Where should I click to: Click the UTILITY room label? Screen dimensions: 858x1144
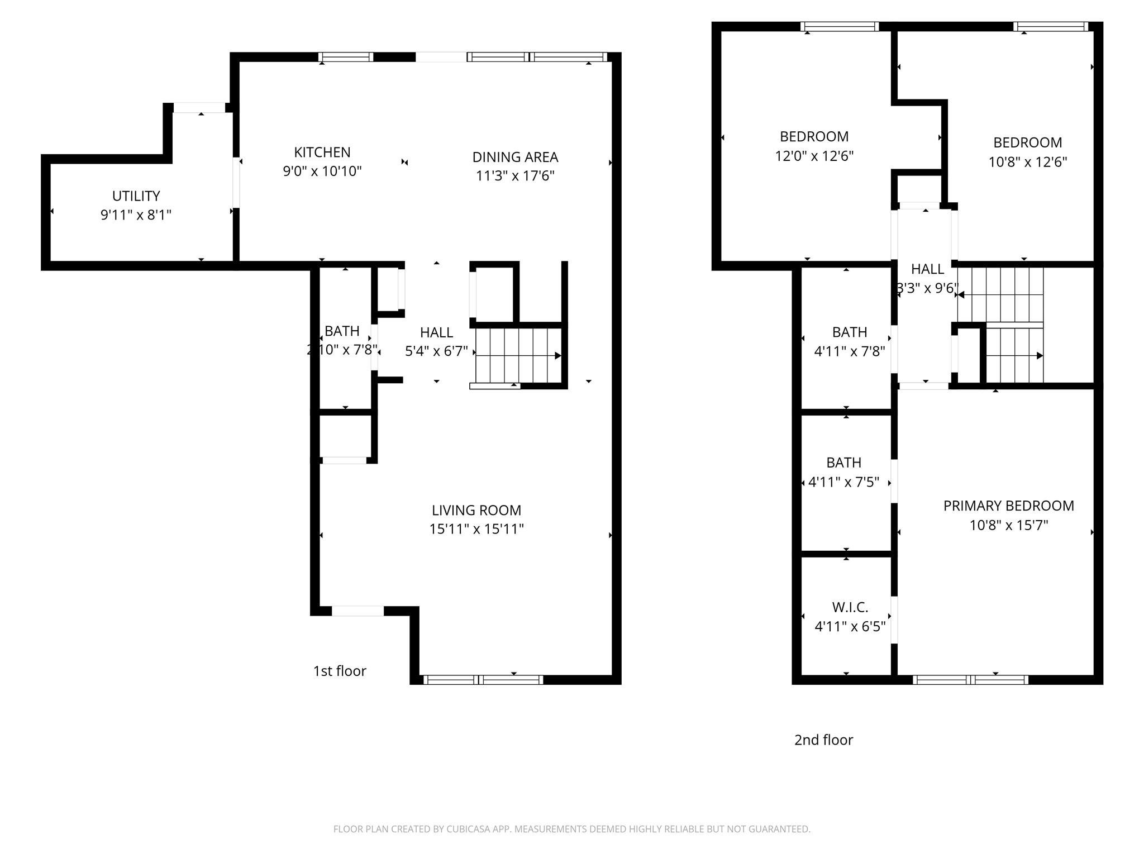pos(136,196)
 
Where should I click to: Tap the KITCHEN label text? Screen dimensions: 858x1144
pos(322,152)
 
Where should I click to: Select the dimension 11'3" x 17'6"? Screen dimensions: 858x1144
pos(515,176)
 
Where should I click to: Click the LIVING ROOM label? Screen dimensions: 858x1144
pos(476,510)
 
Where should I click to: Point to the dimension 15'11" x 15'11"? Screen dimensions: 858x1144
pos(476,529)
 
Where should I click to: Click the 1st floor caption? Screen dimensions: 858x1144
pos(340,671)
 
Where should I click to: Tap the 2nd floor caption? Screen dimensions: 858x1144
pos(823,740)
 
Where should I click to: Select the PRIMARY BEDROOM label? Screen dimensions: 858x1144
pos(1008,506)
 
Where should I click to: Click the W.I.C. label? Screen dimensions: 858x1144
pos(850,607)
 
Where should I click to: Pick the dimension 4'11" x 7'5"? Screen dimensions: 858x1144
pos(843,482)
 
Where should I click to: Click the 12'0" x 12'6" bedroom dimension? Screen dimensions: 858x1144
pos(814,156)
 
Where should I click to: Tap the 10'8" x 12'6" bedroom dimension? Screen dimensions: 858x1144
pos(1027,162)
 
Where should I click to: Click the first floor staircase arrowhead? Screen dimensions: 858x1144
pos(557,356)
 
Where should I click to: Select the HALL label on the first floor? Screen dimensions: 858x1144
pos(436,332)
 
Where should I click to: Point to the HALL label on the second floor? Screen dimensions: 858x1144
pos(927,269)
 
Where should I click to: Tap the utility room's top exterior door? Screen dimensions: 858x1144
pos(199,108)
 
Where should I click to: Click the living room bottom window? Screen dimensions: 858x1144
pos(483,680)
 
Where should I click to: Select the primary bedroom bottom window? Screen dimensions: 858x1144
pos(970,680)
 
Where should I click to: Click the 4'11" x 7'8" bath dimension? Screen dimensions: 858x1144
pos(850,351)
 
